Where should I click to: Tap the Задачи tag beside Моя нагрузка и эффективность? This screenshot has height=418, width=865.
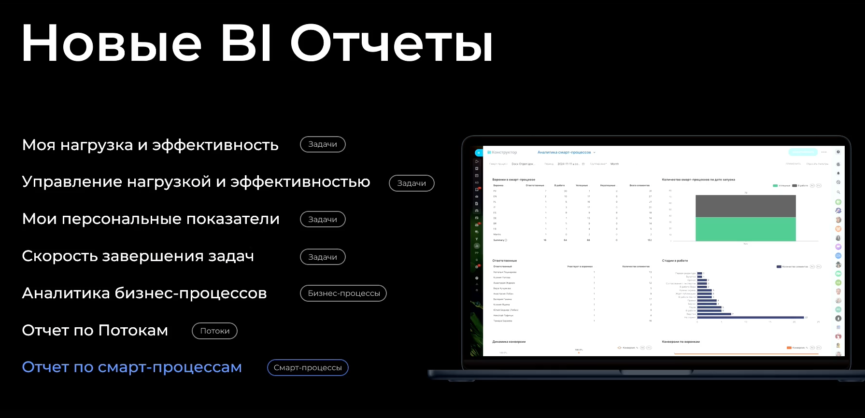(x=323, y=144)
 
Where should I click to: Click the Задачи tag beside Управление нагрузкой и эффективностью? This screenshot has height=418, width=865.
(x=411, y=183)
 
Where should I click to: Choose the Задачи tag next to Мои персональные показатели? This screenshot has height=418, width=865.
(x=323, y=219)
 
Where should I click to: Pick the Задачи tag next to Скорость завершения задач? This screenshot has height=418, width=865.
(x=323, y=257)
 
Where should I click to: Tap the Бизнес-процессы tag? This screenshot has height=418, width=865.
(x=343, y=293)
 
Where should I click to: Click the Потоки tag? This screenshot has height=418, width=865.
(x=214, y=331)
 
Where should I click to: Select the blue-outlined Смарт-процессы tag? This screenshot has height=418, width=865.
(x=308, y=368)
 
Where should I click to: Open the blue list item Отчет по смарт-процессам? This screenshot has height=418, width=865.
(x=132, y=367)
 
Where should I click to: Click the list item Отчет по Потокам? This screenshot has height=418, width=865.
(x=95, y=331)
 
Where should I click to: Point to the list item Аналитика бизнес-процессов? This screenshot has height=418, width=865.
(x=144, y=293)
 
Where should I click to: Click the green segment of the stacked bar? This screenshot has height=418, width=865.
(x=745, y=229)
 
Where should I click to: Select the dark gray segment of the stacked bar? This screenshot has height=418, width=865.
(x=745, y=206)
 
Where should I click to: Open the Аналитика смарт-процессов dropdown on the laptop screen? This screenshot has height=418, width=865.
(x=566, y=153)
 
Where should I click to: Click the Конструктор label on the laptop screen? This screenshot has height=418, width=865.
(x=504, y=153)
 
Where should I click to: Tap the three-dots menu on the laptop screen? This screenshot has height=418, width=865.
(x=824, y=152)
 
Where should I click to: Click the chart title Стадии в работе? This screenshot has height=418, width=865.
(x=675, y=261)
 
